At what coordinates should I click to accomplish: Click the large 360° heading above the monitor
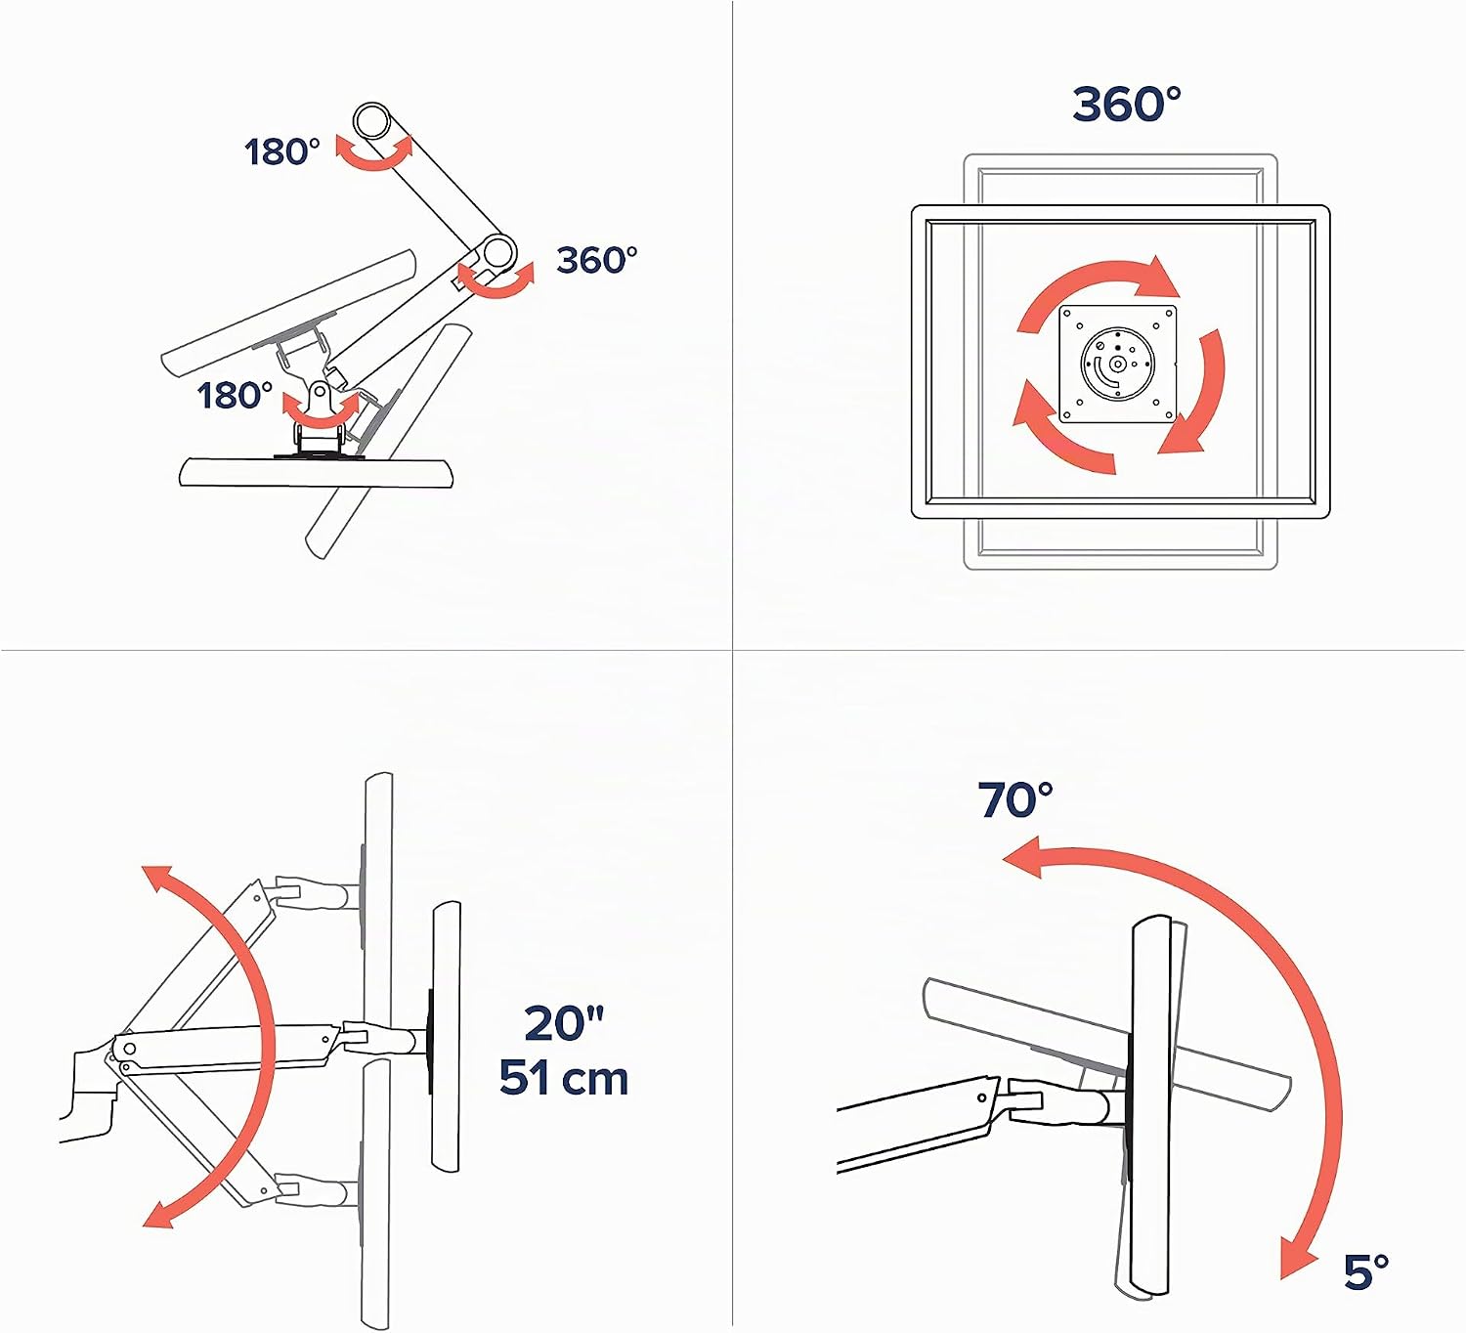coord(1126,105)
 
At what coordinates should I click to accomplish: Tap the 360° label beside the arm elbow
coord(596,260)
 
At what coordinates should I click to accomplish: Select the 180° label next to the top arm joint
coord(282,152)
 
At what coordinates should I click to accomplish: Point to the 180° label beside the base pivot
coord(235,396)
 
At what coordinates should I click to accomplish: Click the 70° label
coord(1015,800)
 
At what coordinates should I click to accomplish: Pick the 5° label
coord(1366,1272)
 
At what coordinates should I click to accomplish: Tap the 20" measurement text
coord(564,1023)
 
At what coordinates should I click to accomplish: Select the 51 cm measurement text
coord(564,1078)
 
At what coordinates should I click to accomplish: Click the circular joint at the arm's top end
coord(372,120)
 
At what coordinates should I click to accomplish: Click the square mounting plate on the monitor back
coord(1117,364)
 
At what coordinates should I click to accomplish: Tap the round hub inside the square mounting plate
coord(1117,364)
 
